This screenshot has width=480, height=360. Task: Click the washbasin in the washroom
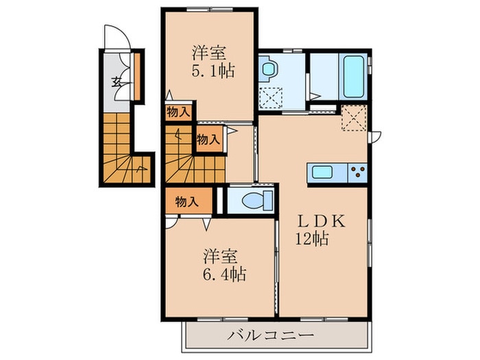click(x=267, y=69)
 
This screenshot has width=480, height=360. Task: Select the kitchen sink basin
click(x=321, y=173)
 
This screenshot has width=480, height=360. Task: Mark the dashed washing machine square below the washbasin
click(x=271, y=97)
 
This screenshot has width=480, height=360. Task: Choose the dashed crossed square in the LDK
click(x=355, y=119)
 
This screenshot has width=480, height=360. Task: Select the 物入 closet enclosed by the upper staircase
click(x=208, y=139)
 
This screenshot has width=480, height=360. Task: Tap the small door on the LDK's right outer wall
click(x=374, y=137)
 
